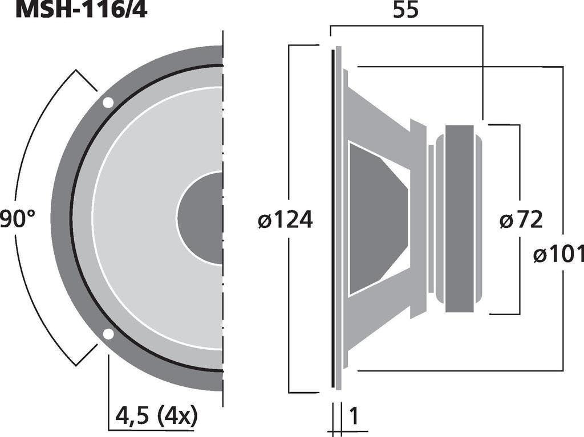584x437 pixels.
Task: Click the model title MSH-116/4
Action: click(82, 10)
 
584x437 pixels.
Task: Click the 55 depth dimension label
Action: click(405, 10)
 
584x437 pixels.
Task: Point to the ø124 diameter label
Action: click(286, 219)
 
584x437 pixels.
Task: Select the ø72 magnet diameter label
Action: click(521, 219)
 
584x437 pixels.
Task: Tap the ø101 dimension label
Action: click(559, 255)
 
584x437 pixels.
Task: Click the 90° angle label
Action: click(17, 219)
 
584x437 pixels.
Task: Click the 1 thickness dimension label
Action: click(354, 416)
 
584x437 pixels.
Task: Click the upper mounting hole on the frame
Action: click(108, 103)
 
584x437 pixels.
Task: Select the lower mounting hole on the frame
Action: click(108, 334)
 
